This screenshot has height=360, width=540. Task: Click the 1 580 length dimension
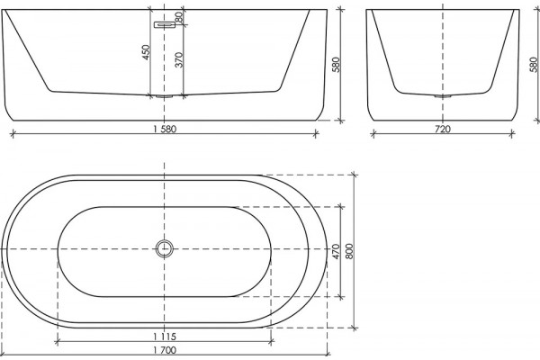tap(165, 130)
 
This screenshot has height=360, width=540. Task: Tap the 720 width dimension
tap(443, 130)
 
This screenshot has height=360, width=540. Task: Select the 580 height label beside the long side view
tap(336, 65)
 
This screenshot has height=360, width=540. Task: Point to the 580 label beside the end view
tap(534, 65)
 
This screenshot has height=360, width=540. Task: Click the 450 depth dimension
tap(147, 52)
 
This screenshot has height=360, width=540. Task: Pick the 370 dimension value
tap(179, 59)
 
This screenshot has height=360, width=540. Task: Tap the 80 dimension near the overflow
tap(178, 17)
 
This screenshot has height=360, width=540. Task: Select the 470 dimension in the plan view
tap(336, 251)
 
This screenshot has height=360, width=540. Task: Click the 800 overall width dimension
tap(349, 251)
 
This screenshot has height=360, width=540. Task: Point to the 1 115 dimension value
tap(165, 337)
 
